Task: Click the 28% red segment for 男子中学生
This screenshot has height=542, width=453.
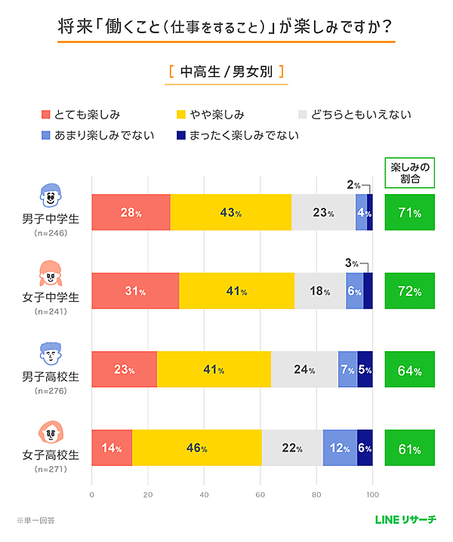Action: click(131, 213)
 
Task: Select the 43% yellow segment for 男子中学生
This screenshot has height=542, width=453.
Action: click(230, 213)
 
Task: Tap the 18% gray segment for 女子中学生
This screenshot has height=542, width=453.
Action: click(319, 291)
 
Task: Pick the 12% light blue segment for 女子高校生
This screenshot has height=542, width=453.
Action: click(340, 448)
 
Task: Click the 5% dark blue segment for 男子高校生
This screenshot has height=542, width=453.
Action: click(365, 370)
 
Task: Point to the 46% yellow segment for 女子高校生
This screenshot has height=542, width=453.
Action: click(196, 448)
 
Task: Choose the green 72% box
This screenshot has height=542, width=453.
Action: click(409, 291)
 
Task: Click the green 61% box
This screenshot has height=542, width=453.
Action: click(409, 448)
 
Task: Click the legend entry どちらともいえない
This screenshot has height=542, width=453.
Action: click(355, 115)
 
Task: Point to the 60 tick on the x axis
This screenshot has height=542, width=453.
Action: click(260, 495)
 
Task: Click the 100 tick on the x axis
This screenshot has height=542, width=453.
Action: click(371, 495)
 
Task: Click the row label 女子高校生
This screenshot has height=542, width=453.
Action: click(50, 455)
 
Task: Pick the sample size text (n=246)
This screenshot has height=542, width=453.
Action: click(50, 234)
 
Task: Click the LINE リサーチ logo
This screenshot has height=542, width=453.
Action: click(405, 519)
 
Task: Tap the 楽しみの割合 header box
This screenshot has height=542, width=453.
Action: click(409, 174)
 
